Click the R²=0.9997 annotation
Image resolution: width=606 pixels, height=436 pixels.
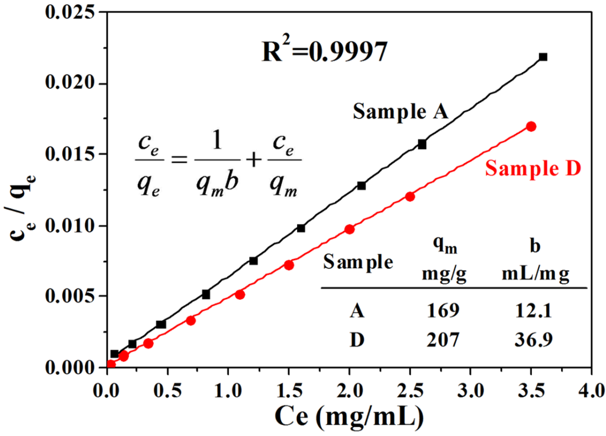click(325, 52)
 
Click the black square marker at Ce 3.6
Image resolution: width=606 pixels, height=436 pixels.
click(543, 57)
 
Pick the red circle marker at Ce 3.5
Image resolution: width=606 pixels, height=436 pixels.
click(531, 127)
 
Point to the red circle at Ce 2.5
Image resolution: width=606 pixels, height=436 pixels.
click(410, 197)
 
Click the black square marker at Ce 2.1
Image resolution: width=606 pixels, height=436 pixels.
click(361, 186)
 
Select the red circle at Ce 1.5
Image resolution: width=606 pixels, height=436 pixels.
click(289, 265)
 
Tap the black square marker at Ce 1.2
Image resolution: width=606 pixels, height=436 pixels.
click(253, 261)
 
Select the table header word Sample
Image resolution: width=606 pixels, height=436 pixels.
click(358, 262)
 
